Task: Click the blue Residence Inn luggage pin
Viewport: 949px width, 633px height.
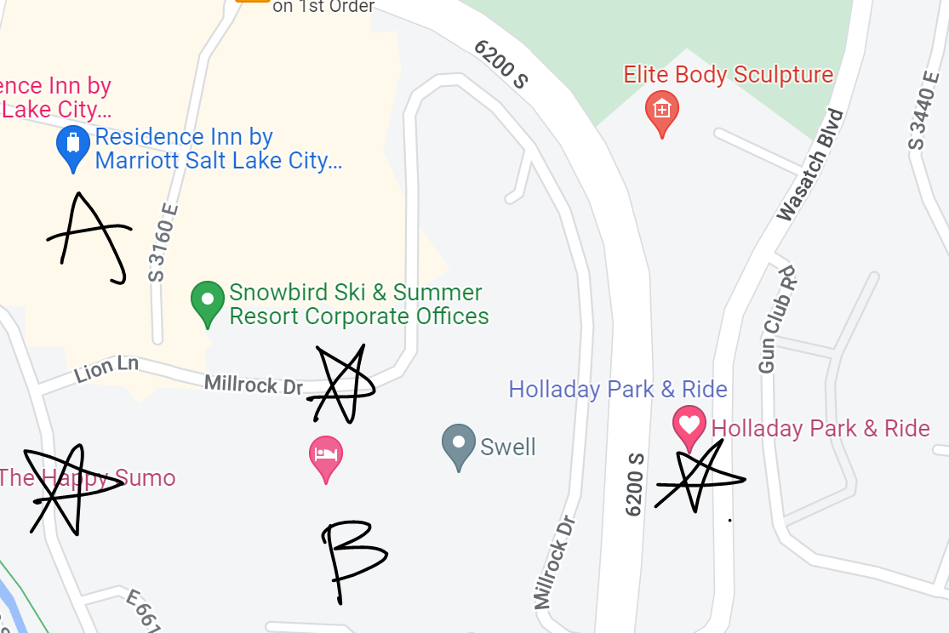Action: pos(73,147)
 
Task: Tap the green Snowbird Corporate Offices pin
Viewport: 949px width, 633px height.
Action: pos(207,302)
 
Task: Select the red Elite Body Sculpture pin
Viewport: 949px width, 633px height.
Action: pos(662,111)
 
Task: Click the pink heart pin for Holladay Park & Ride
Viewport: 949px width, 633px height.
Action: pos(689,425)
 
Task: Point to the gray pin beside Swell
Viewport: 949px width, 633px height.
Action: pos(459,445)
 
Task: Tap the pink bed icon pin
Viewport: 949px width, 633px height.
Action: pos(326,457)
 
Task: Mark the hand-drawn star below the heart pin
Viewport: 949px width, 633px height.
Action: pos(698,478)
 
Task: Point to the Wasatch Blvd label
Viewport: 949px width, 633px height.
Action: pos(810,165)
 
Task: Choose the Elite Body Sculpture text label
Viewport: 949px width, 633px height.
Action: pos(728,75)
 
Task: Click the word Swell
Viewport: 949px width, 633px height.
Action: pos(508,447)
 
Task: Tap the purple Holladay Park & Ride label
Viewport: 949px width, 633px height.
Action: pos(617,390)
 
